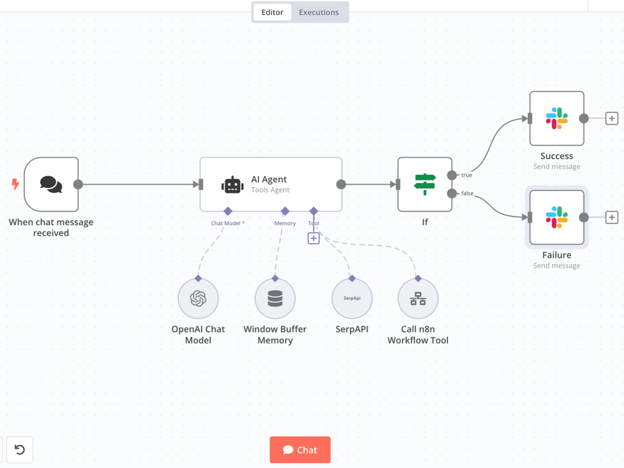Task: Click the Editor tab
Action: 272,12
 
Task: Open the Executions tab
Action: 319,12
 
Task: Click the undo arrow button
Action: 19,450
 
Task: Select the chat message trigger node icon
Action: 51,184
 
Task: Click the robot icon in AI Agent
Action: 232,185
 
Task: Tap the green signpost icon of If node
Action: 425,184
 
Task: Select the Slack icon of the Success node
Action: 557,118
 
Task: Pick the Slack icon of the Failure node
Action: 557,217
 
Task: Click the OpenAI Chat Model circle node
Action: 198,298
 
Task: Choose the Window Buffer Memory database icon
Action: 275,298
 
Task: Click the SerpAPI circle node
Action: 352,298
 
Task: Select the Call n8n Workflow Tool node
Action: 418,298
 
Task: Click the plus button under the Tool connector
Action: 314,238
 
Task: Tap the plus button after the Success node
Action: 612,118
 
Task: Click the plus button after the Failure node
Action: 612,217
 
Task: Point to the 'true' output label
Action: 466,175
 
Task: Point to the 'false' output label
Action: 467,193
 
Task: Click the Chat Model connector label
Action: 226,223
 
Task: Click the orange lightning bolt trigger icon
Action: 15,184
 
